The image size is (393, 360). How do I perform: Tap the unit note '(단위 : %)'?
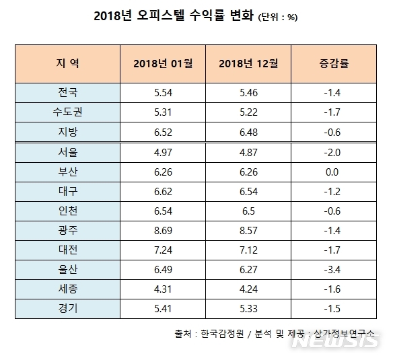click(x=278, y=17)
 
